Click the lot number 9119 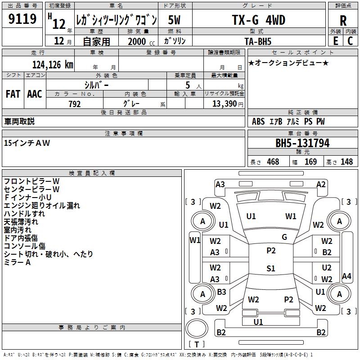pos(22,19)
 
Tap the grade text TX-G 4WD pos(258,20)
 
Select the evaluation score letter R pos(343,20)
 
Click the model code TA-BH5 pos(258,41)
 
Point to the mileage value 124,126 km pos(53,65)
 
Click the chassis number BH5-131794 pos(302,143)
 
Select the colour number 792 pos(75,104)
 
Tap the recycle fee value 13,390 pos(224,104)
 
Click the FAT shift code pos(13,94)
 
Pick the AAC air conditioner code pos(35,94)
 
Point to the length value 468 pos(273,162)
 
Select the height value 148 pos(346,162)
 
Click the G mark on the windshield pos(284,237)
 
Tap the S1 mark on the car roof pos(270,269)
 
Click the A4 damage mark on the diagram pos(346,276)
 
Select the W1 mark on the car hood pos(291,216)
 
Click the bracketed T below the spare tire pos(197,345)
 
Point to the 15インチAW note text pos(27,143)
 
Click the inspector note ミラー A pos(17,262)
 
